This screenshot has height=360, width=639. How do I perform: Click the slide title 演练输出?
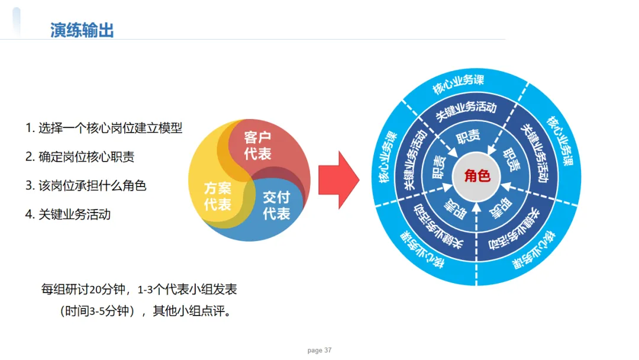point(82,30)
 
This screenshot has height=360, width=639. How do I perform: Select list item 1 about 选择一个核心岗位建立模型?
point(104,128)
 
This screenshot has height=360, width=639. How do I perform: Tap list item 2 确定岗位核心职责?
point(80,157)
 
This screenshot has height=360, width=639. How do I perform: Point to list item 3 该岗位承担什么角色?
point(86,185)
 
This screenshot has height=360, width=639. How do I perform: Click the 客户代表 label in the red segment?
point(257,146)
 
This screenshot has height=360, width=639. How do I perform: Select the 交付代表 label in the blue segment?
point(276,204)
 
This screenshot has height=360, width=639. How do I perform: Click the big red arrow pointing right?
point(338,180)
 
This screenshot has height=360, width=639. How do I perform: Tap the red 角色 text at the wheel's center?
point(477,176)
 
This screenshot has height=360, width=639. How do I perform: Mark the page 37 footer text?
point(319,351)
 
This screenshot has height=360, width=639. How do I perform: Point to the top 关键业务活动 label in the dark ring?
point(466,110)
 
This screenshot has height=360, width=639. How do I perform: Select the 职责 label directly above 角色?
point(468,139)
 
